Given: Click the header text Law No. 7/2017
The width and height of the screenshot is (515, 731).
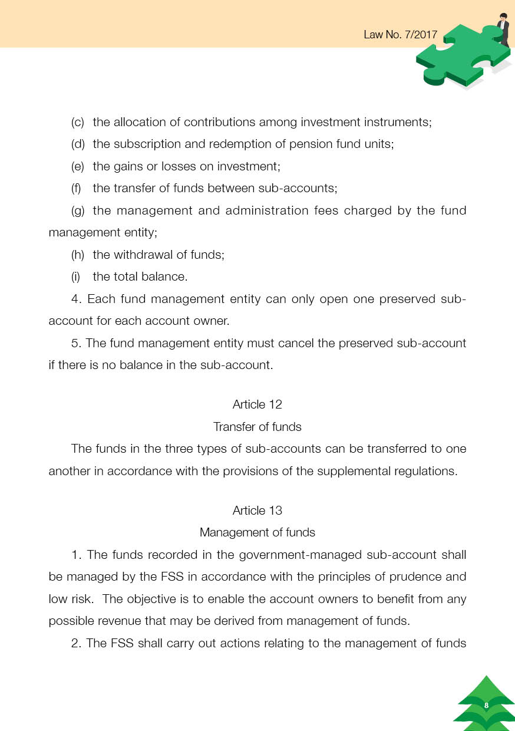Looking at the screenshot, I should pos(400,34).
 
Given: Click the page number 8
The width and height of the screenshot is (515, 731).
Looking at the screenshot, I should pos(486,706).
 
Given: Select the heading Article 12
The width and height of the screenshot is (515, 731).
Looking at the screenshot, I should pos(257,404).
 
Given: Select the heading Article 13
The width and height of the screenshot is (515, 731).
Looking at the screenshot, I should pos(257,511).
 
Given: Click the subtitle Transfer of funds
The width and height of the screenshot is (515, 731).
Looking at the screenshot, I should pos(257,427).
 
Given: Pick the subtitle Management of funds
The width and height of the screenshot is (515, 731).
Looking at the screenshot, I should pos(257,533).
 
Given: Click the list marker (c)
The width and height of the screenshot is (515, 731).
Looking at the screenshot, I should pos(78,123).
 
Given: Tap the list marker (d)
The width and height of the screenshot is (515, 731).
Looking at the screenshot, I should pos(78,144).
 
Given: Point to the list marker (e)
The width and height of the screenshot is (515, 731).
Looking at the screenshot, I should pos(78,167).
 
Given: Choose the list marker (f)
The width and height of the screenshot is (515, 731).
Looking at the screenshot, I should pos(77,189).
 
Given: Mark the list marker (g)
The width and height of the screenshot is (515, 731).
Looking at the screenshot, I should pos(78,211).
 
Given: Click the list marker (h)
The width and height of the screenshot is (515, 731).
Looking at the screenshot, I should pos(78,255).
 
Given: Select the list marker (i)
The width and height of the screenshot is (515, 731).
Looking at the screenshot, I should pos(76,277).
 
